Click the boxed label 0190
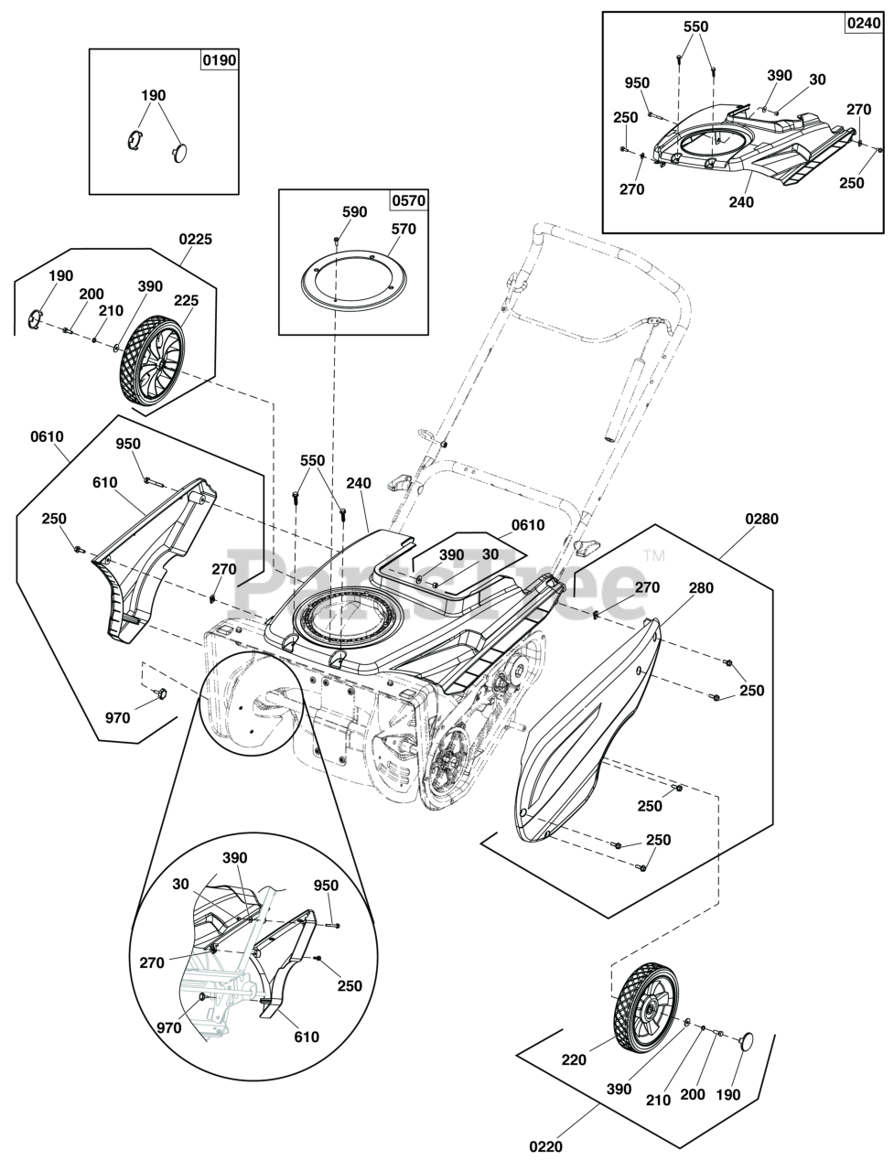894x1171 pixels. pos(220,60)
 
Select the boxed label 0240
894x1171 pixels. pos(864,24)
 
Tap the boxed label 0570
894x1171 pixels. pos(409,200)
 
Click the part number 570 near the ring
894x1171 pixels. pos(404,229)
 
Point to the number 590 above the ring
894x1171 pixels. pos(355,212)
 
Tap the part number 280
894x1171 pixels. pos(701,588)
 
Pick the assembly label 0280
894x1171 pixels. pos(761,519)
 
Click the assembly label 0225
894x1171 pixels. pos(195,239)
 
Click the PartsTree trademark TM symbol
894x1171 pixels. pos(654,556)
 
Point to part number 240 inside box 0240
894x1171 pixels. pos(741,203)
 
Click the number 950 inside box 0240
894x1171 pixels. pos(637,83)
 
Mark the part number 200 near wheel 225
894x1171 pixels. pos(92,294)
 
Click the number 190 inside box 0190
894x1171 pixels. pos(153,95)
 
